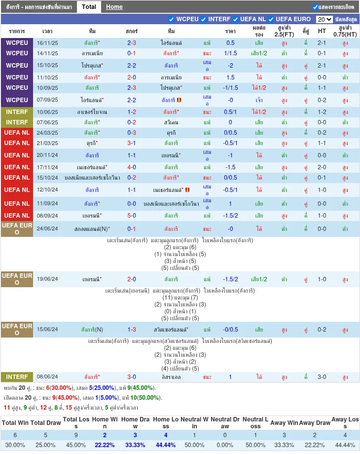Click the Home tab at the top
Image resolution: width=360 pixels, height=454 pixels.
pyautogui.click(x=114, y=7)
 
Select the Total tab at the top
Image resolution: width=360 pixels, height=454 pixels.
pyautogui.click(x=89, y=7)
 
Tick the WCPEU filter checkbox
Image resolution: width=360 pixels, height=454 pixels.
pyautogui.click(x=171, y=19)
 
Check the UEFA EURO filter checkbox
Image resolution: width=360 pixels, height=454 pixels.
pyautogui.click(x=271, y=19)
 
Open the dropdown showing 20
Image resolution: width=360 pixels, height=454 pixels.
pyautogui.click(x=324, y=19)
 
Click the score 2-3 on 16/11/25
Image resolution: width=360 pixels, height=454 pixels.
pyautogui.click(x=132, y=43)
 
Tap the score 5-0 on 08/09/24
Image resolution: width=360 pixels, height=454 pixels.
pyautogui.click(x=132, y=216)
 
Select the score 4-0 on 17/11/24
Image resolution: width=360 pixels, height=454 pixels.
pyautogui.click(x=132, y=167)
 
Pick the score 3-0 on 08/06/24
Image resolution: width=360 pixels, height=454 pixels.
pyautogui.click(x=132, y=377)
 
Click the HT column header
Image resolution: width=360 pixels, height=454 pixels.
pyautogui.click(x=322, y=31)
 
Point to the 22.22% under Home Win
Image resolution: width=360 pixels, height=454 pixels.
pyautogui.click(x=105, y=445)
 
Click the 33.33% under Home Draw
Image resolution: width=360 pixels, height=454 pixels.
pyautogui.click(x=135, y=445)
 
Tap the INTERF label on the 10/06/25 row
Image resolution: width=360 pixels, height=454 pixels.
pyautogui.click(x=17, y=112)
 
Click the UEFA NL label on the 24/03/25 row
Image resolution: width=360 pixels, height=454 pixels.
pyautogui.click(x=17, y=133)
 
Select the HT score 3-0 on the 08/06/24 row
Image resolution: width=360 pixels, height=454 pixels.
pyautogui.click(x=322, y=377)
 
